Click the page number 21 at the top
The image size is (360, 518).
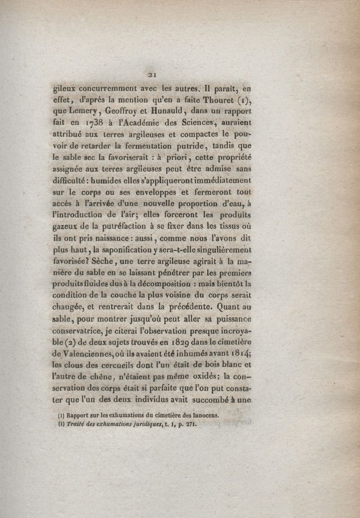pos(152,75)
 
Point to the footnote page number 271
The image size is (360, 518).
pos(190,424)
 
